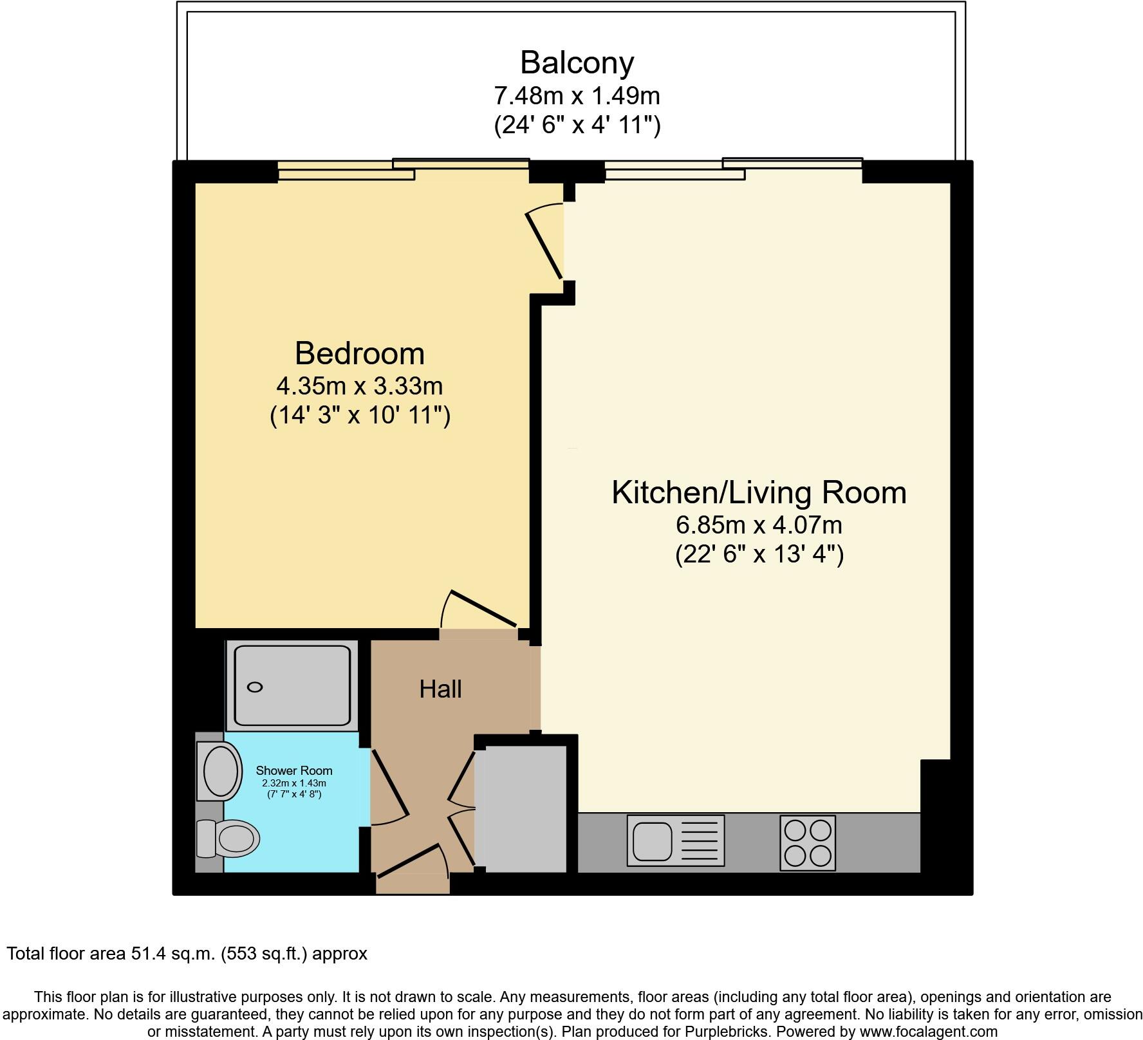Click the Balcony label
[577, 62]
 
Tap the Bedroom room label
[359, 353]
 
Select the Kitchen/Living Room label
[758, 492]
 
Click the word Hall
[440, 689]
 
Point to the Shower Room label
[294, 770]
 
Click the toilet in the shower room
[230, 839]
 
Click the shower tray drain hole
[255, 687]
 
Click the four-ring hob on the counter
[808, 843]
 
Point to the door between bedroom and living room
[545, 245]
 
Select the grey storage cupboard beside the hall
[521, 808]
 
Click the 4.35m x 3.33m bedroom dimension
[359, 386]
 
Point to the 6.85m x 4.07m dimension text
[758, 525]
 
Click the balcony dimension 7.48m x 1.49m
[577, 96]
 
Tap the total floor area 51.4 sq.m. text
[187, 953]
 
